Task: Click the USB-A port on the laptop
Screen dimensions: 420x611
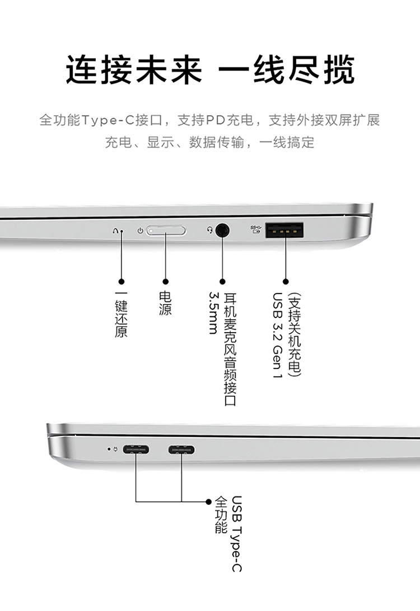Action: coord(284,230)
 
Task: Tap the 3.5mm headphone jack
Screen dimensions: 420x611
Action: coord(222,230)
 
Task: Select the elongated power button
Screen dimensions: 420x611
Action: coord(166,231)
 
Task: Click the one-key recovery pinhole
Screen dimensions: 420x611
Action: coord(122,231)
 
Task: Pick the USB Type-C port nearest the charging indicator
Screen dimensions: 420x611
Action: coord(136,449)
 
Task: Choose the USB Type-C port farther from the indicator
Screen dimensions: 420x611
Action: coord(181,449)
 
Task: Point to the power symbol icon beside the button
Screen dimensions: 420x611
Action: coord(140,231)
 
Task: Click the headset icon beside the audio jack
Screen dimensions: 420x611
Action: coord(209,230)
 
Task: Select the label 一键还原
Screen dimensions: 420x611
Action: coord(121,315)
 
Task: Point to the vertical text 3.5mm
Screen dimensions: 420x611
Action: coord(213,312)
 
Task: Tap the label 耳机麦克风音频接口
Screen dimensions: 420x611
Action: coord(230,349)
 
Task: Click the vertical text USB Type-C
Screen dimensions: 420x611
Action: coord(236,534)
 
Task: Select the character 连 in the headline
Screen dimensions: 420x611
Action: coord(82,70)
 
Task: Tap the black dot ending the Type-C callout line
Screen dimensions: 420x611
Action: coord(208,501)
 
